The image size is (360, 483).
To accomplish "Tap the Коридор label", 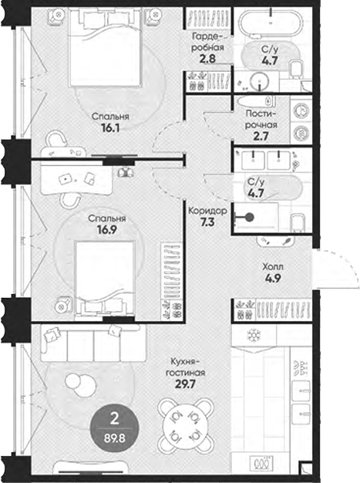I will (x=207, y=210).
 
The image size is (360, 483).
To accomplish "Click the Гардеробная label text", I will (x=207, y=40).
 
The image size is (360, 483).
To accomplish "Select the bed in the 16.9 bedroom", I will (x=107, y=274).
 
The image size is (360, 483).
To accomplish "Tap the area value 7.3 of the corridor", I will (x=207, y=222).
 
